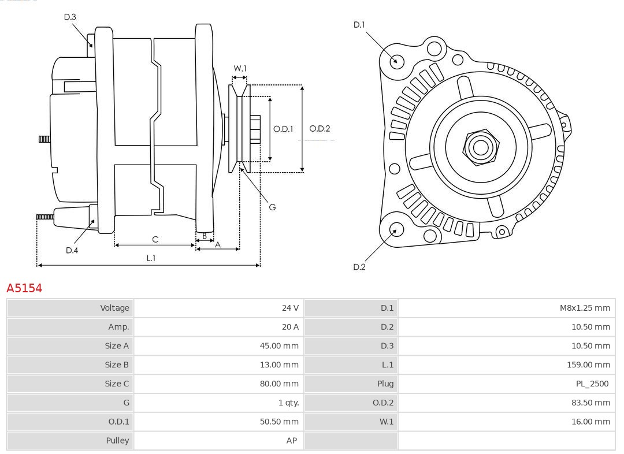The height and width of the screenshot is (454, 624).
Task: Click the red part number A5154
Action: [x=24, y=288]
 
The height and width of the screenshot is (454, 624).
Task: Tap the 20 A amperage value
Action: [x=290, y=327]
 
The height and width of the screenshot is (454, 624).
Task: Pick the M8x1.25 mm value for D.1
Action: [x=584, y=308]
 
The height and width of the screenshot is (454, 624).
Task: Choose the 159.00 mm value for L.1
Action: [x=588, y=364]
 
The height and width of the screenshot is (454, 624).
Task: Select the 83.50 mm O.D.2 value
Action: [x=590, y=403]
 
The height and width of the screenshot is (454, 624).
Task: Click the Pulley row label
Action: [x=117, y=440]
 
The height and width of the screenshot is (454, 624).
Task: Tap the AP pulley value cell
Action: [x=291, y=440]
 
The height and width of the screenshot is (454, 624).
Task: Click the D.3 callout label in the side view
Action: [x=70, y=17]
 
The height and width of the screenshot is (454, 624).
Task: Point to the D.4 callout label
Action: [x=72, y=250]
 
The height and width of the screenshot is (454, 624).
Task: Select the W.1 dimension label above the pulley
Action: [x=240, y=68]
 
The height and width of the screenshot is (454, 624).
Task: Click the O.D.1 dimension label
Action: [x=283, y=129]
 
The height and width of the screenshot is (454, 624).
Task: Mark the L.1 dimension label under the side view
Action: [x=150, y=258]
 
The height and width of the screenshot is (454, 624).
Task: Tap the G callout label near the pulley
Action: [x=272, y=207]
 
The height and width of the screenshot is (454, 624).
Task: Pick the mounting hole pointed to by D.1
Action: [x=396, y=61]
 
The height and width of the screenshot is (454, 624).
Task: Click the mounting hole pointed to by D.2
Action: [x=395, y=230]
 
